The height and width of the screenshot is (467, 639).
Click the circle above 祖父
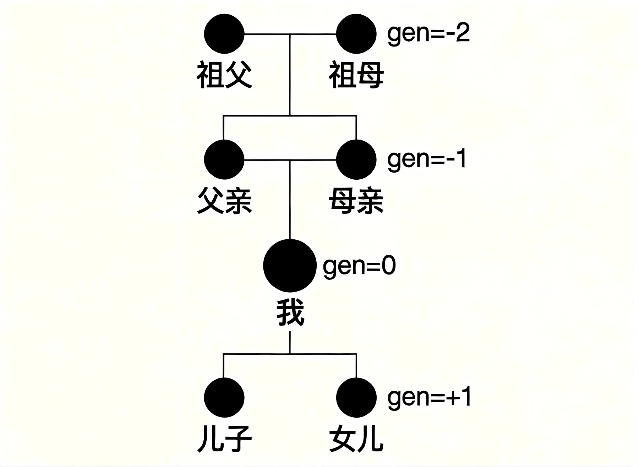click(x=224, y=34)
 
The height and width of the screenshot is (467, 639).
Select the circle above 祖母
click(x=356, y=34)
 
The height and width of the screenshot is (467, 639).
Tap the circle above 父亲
click(x=224, y=160)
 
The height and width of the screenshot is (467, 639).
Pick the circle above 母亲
click(x=356, y=160)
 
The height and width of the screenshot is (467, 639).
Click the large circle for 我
click(x=290, y=266)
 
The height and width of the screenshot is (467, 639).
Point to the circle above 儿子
click(x=224, y=397)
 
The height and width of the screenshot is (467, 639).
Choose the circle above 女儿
click(x=356, y=397)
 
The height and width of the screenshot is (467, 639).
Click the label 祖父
click(x=224, y=75)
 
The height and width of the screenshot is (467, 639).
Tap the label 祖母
click(x=356, y=75)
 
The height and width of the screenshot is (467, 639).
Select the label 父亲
click(x=224, y=201)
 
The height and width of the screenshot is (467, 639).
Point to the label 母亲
click(x=356, y=201)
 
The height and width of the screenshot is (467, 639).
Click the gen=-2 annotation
click(x=428, y=34)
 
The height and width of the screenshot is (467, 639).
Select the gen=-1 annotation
click(x=426, y=159)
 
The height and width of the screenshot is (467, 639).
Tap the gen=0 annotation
click(x=359, y=266)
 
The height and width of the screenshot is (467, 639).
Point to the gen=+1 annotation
click(x=429, y=397)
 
